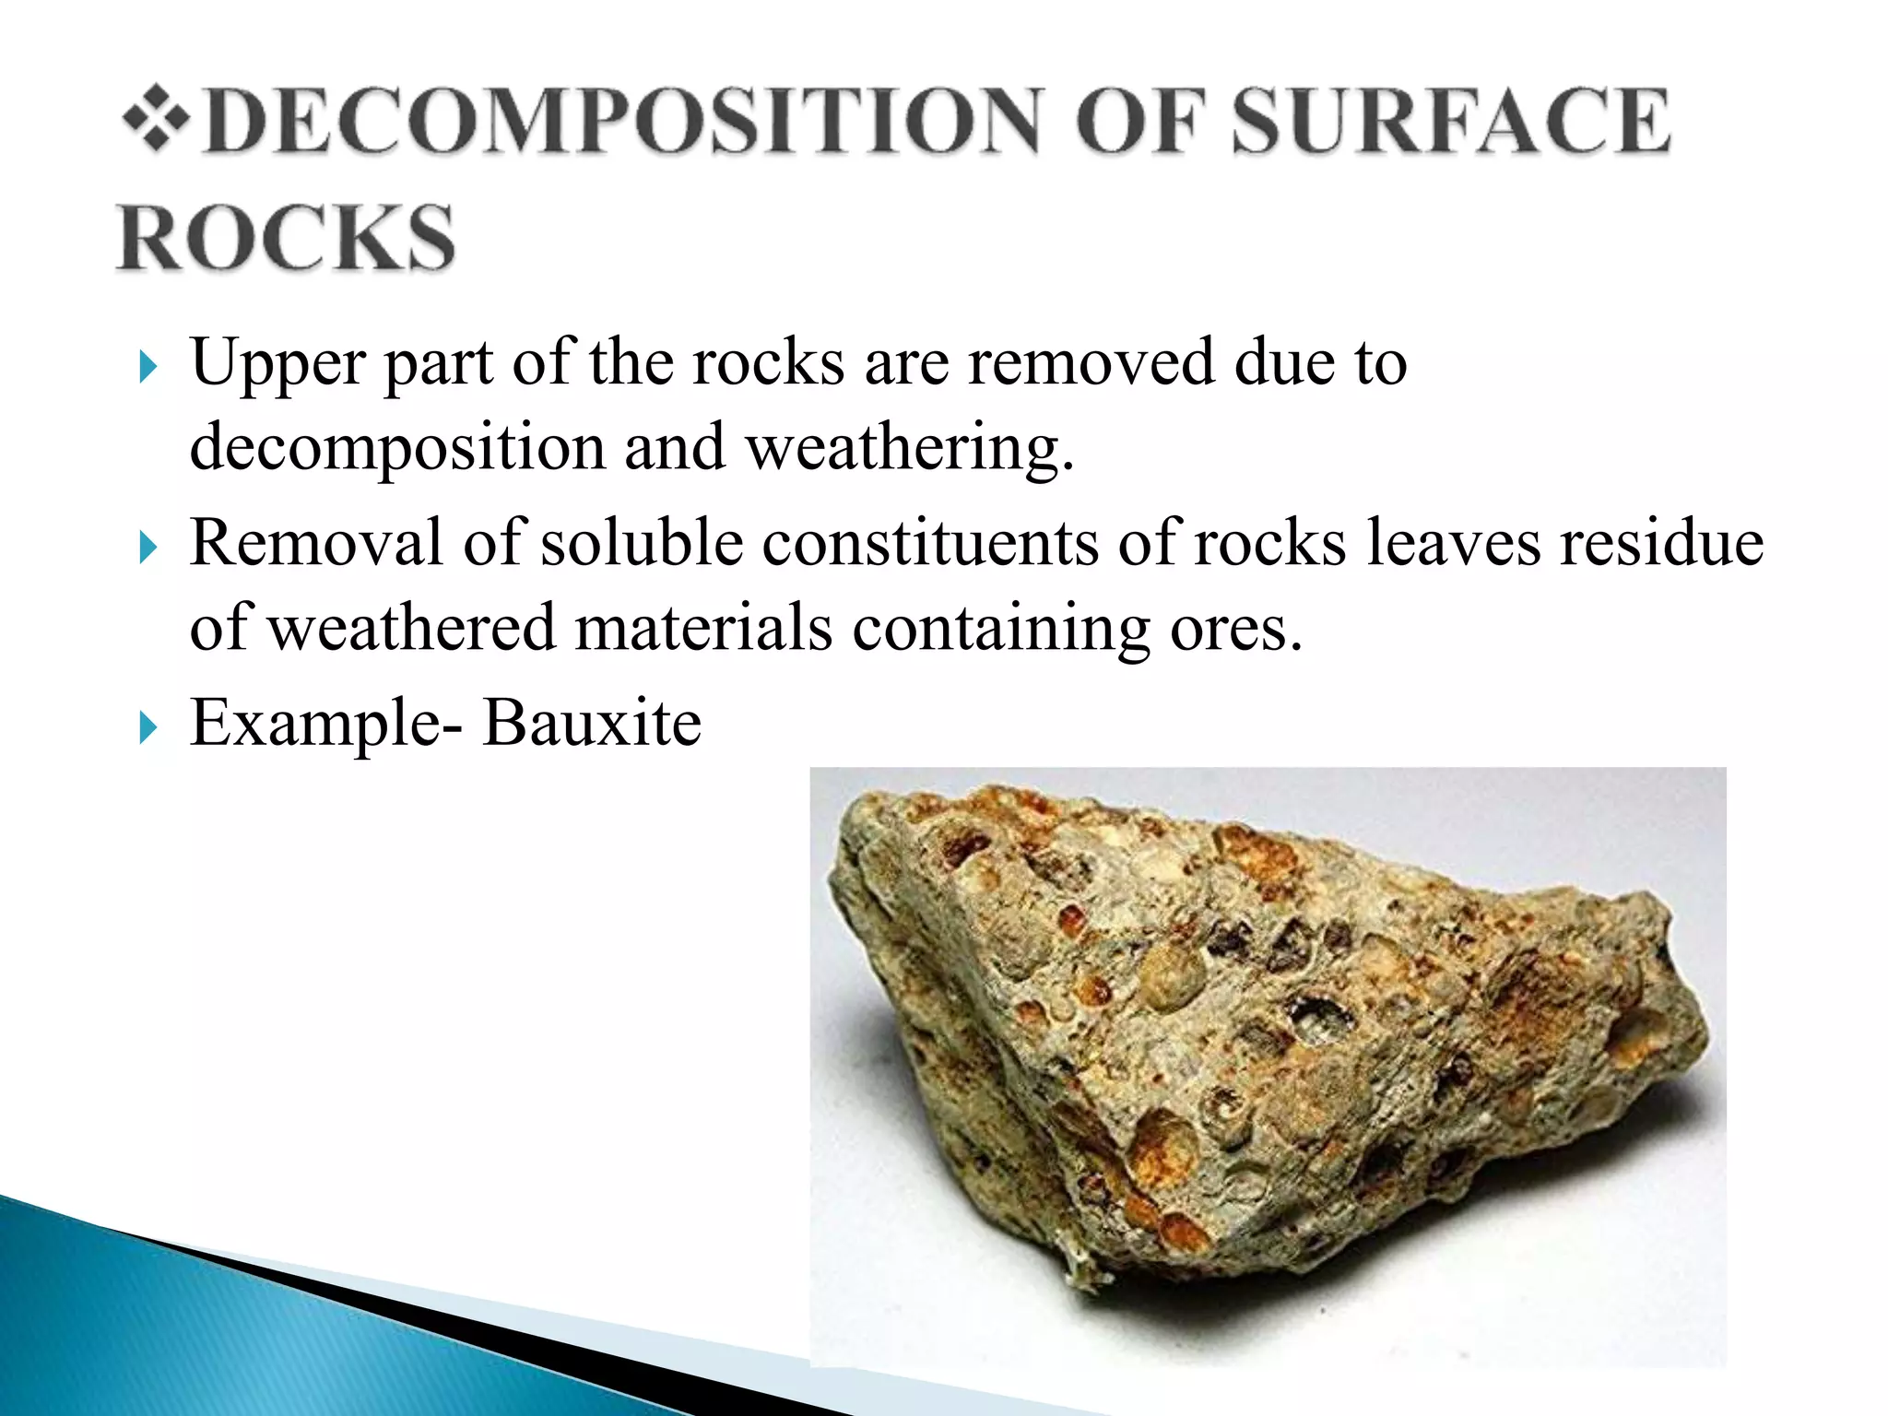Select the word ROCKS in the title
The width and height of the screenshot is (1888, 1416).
(286, 238)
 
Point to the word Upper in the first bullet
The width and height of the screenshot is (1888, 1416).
(277, 363)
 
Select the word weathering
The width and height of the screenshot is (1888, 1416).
(909, 448)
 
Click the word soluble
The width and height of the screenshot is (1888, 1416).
(642, 542)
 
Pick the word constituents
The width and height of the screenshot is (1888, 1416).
(930, 542)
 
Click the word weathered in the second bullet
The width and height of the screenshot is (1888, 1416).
(411, 628)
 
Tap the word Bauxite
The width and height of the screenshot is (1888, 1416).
(592, 723)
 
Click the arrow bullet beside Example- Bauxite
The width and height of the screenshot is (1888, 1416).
(147, 728)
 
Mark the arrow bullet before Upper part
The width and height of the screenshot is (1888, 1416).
(147, 368)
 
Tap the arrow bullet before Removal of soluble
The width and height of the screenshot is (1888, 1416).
(147, 549)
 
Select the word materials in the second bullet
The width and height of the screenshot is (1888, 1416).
(703, 628)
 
